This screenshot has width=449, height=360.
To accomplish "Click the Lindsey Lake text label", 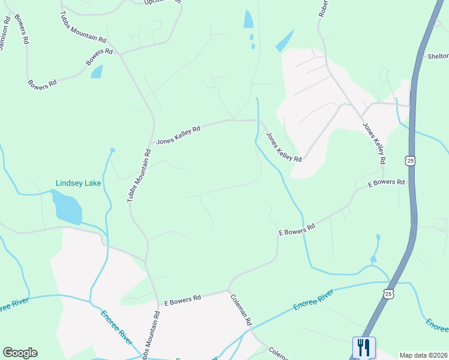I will pos(78,183).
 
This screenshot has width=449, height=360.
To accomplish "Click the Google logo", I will pos(20,353).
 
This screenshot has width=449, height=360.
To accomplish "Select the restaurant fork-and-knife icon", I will pos(363,347).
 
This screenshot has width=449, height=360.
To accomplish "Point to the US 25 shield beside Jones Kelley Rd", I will pos(410,160).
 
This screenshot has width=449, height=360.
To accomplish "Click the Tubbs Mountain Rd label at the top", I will pos(83,28).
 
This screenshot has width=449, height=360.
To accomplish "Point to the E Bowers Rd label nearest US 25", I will pos(386,182).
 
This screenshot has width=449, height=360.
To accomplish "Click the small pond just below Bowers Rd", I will pos(96,72).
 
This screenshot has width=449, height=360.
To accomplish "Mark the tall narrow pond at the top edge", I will pos(249,19).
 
